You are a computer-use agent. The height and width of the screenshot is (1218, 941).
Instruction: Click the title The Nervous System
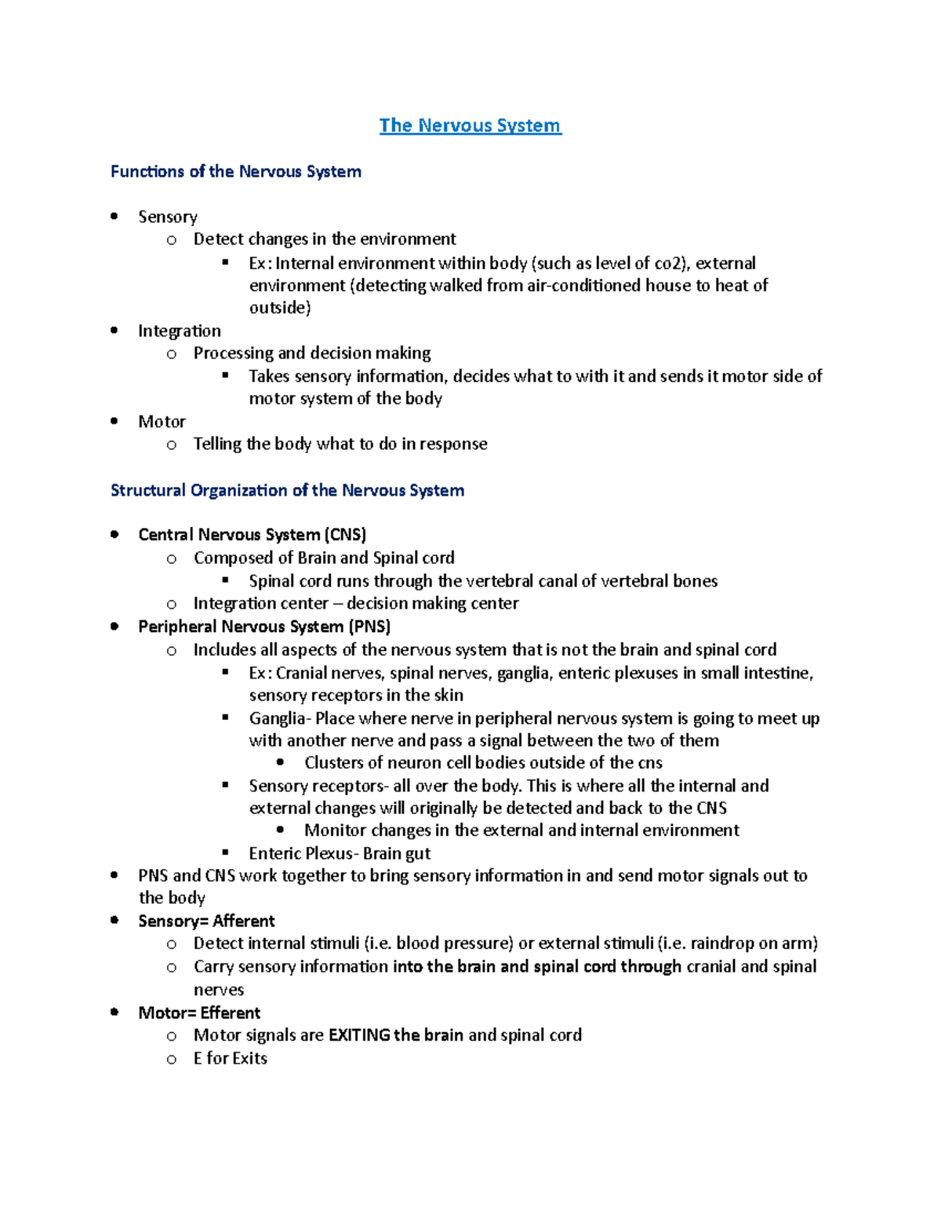(x=470, y=125)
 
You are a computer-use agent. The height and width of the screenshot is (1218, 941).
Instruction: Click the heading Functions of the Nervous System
(x=235, y=172)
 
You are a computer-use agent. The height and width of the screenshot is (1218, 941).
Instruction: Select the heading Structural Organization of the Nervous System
(x=287, y=490)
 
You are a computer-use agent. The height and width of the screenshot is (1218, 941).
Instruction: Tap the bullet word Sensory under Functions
(x=168, y=217)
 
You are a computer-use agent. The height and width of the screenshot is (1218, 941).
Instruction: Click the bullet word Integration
(x=180, y=331)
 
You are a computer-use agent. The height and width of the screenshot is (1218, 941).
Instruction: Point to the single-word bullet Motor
(x=162, y=422)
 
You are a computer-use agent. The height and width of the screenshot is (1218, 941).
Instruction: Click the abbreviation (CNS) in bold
(x=345, y=535)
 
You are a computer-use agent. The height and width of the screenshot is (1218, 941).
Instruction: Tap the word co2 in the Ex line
(x=670, y=264)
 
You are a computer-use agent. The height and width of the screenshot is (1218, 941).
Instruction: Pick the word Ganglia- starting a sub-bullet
(x=280, y=718)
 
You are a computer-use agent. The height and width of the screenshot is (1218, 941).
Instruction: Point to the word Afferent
(x=244, y=921)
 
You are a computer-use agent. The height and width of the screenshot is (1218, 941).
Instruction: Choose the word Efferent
(x=231, y=1013)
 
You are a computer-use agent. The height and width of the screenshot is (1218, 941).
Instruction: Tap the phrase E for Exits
(x=231, y=1059)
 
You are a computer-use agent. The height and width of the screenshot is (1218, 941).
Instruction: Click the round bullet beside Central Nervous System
(x=115, y=535)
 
